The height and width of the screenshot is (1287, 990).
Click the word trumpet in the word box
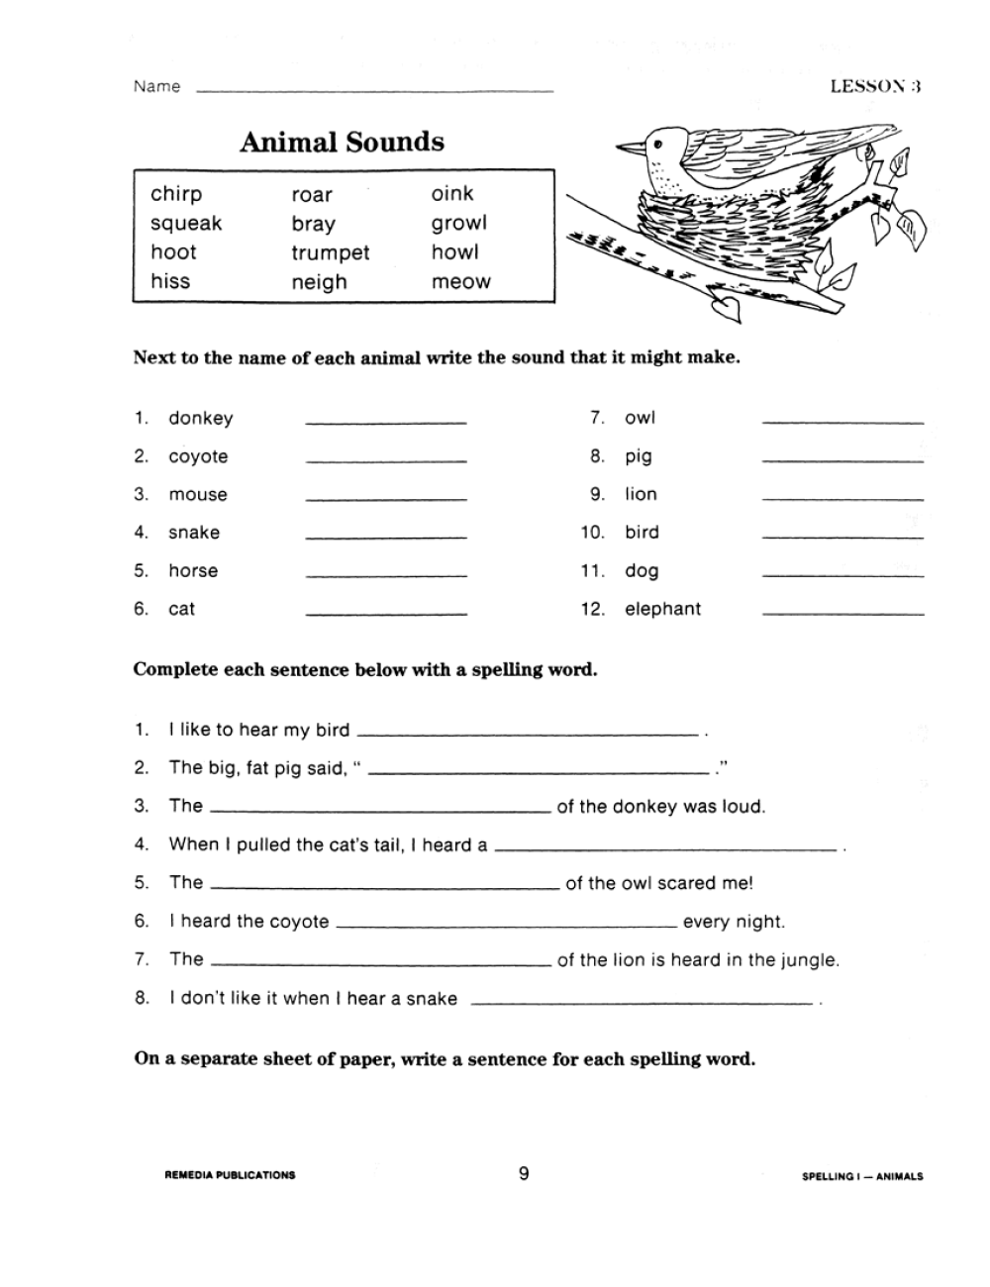(330, 253)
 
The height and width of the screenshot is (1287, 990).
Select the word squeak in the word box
(186, 224)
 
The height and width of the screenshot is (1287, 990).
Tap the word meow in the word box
(460, 282)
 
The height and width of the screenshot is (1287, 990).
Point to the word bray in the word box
(313, 225)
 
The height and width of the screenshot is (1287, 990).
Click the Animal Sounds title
(342, 143)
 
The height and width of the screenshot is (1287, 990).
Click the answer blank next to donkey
(386, 423)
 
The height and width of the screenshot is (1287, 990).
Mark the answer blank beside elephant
(842, 614)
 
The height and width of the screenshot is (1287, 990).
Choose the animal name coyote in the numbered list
(198, 456)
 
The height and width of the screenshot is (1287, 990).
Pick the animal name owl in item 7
(640, 418)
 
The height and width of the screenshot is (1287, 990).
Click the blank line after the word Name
(375, 91)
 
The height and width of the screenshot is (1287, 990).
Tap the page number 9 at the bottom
(524, 1174)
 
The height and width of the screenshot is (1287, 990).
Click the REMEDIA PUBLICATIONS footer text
(230, 1176)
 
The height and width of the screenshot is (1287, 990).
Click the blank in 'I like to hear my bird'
(527, 735)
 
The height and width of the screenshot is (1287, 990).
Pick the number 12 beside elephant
(591, 610)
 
